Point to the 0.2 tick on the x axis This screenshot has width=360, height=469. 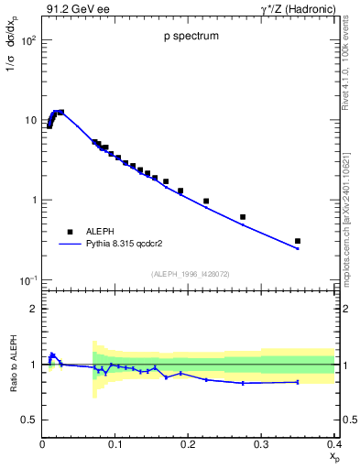click(189, 444)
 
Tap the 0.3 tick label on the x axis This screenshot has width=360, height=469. click(261, 444)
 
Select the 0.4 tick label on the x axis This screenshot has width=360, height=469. click(333, 444)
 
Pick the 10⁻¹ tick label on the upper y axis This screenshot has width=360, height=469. click(27, 279)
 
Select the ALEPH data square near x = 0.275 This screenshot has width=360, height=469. click(243, 217)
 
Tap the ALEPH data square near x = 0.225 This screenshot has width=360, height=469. click(206, 201)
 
